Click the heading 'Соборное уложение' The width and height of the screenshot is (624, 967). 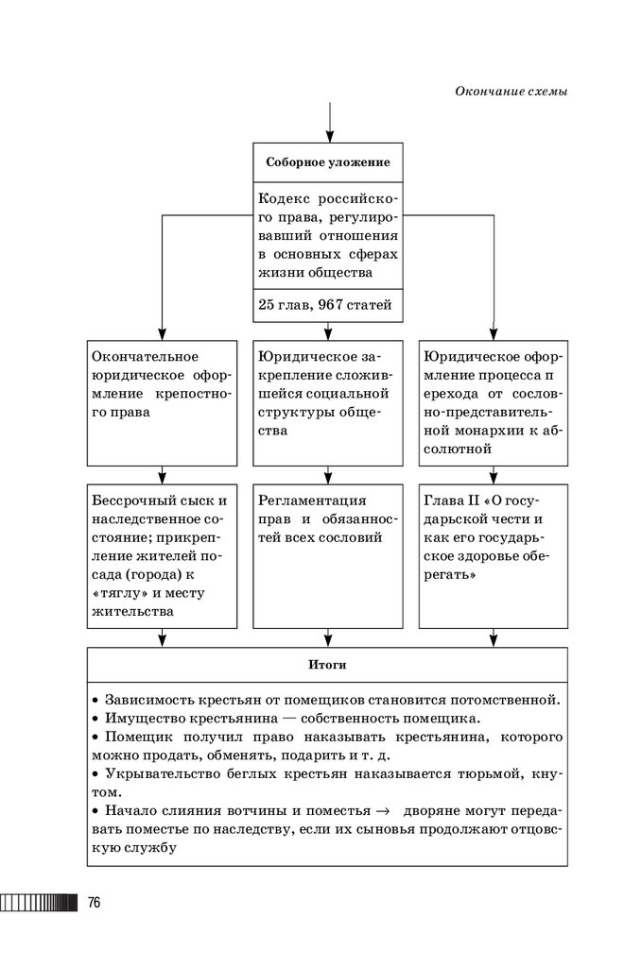click(328, 162)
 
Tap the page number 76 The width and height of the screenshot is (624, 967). click(94, 902)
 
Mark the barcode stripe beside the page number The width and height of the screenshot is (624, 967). click(38, 902)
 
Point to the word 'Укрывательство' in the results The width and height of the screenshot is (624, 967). click(159, 773)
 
